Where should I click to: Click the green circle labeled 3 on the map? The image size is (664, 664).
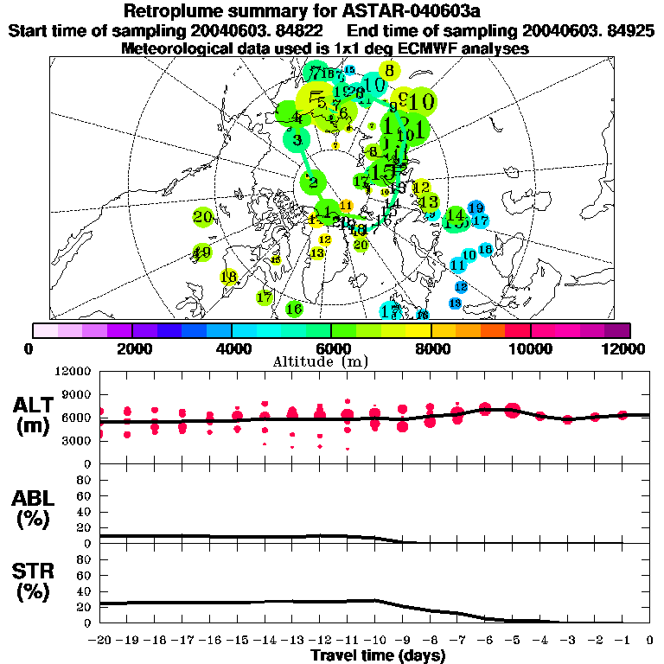[x=298, y=139]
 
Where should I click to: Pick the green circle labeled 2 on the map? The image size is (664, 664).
[x=312, y=182]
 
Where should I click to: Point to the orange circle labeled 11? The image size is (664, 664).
[x=347, y=205]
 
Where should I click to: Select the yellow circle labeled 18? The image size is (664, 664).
[x=228, y=278]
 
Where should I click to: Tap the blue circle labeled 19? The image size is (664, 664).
[x=476, y=207]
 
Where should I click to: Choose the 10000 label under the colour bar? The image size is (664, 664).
[x=531, y=348]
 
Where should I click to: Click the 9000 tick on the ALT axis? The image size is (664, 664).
[x=78, y=394]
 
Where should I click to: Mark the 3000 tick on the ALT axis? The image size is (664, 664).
[x=78, y=440]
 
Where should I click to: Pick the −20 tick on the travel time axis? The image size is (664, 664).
[x=101, y=641]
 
